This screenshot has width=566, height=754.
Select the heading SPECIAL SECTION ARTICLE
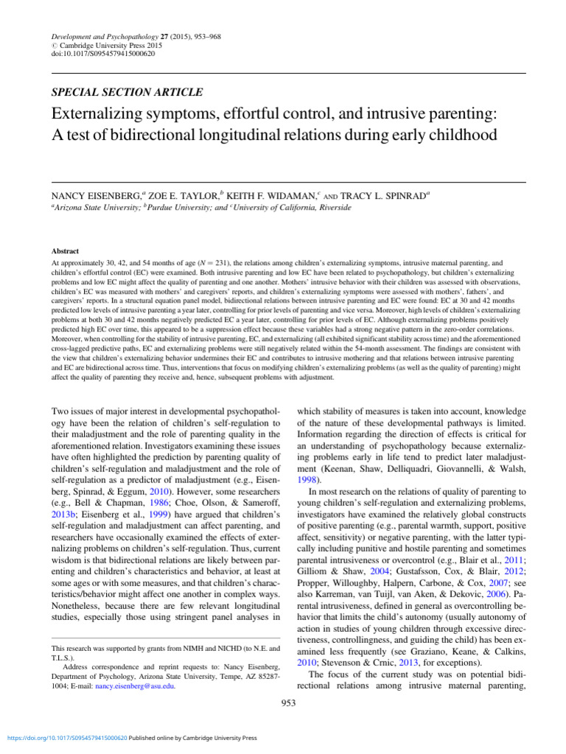tap(126, 92)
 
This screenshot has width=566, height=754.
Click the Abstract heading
tap(65, 251)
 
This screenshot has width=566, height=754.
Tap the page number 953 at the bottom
tap(288, 703)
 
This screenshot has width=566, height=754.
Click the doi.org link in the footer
tap(66, 737)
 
